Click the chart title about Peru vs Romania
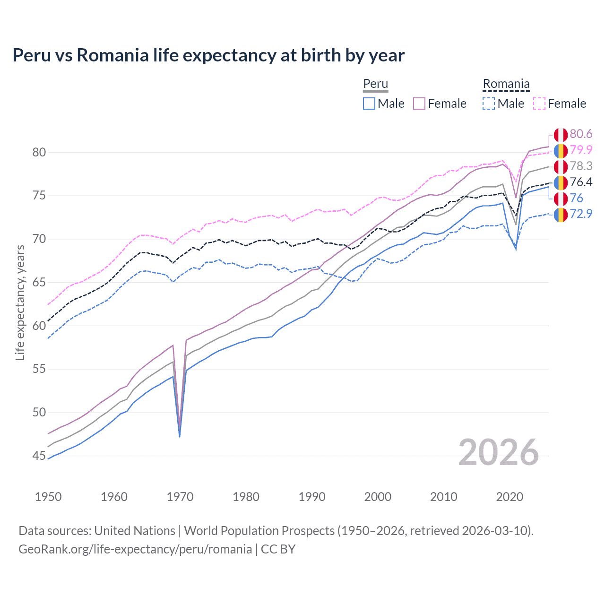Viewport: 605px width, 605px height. (208, 55)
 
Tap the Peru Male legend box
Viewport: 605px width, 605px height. (369, 104)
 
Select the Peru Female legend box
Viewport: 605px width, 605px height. (419, 104)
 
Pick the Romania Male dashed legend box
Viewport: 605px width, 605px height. (489, 104)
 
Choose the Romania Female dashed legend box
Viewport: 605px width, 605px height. (539, 104)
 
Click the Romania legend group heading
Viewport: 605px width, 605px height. (506, 84)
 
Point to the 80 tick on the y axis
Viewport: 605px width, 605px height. (39, 152)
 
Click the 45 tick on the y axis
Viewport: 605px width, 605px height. (39, 456)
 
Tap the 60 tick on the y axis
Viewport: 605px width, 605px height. (39, 326)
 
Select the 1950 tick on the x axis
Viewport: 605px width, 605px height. (48, 497)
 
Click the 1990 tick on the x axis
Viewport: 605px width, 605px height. (312, 497)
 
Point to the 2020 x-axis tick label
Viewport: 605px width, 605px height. (510, 497)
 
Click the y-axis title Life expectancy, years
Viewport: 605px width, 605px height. (20, 302)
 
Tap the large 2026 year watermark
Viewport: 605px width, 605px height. (498, 453)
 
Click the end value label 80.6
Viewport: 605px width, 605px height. (581, 134)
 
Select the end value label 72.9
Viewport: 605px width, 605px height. (581, 214)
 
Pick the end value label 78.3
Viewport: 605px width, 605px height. (581, 166)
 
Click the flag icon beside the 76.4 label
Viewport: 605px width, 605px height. (561, 182)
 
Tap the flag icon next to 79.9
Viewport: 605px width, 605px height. (561, 151)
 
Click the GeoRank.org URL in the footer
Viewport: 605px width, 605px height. (135, 549)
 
